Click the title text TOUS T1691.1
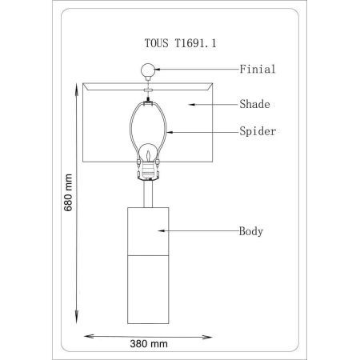180,43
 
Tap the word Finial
258,69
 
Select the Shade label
254,104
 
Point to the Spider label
258,131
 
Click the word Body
251,231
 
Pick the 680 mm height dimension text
68,193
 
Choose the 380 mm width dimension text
149,344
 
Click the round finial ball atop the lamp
148,70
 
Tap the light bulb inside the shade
148,154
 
